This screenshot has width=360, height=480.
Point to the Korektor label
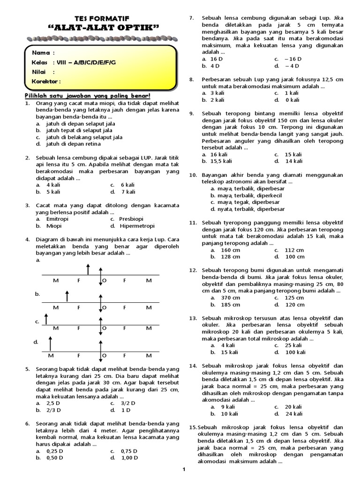46,82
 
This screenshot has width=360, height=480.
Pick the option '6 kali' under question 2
128,185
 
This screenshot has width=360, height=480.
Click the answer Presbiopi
132,218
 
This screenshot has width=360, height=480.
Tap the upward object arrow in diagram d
50,344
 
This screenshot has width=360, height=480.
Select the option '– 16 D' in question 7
292,59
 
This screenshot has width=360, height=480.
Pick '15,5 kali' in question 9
221,161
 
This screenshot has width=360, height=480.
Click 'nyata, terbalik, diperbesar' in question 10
247,209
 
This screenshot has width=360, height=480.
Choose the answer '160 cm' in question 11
230,250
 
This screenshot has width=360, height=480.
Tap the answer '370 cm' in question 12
230,298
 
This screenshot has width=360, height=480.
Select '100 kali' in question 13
295,352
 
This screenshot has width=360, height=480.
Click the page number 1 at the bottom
184,469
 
